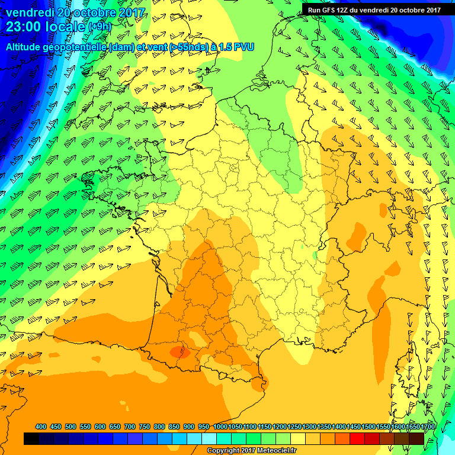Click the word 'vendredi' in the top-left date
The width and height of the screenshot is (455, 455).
[x=27, y=11]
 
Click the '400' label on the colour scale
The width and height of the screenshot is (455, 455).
[x=41, y=427]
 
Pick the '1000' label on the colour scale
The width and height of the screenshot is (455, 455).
[x=220, y=427]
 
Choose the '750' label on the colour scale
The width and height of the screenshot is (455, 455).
[x=145, y=427]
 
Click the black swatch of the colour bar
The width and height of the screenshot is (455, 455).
[x=31, y=438]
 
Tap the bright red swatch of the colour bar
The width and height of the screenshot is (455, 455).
[x=357, y=438]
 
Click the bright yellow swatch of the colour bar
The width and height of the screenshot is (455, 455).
[x=297, y=438]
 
